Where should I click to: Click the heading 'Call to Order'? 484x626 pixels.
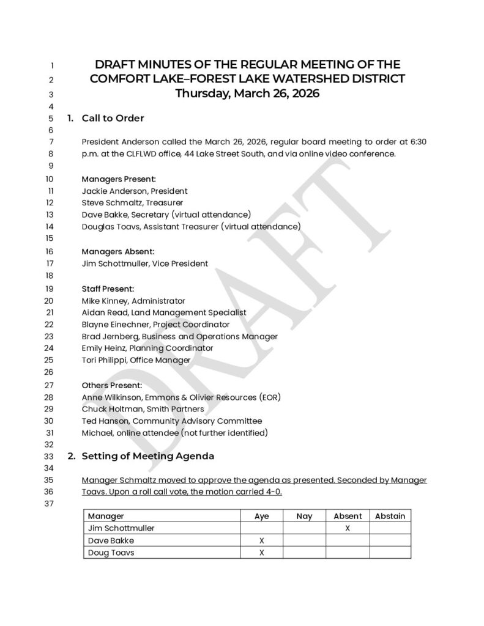pos(113,118)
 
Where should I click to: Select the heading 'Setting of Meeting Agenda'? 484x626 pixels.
pos(147,455)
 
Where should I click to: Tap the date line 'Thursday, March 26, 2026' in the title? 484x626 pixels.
pos(247,94)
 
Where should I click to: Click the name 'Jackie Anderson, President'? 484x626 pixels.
pos(135,191)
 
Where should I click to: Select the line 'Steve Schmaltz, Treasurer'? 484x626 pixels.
pos(132,202)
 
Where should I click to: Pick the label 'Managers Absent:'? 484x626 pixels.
pos(118,251)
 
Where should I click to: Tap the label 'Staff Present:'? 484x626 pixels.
pos(108,288)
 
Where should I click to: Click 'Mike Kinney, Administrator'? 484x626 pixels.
pos(133,300)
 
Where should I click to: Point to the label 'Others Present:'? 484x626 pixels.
pos(112,385)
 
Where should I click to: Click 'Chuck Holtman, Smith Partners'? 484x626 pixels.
pos(143,408)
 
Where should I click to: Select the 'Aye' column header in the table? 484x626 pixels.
pos(261,516)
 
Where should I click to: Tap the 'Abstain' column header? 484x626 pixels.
pos(390,516)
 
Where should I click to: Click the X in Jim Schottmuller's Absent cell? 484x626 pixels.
pos(347,528)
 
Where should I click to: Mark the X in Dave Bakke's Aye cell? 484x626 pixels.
pos(261,540)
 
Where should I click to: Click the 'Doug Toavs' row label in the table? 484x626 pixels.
pos(109,553)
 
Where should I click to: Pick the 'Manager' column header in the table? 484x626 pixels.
pos(106,516)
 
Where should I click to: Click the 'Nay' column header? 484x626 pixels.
pos(304,516)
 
